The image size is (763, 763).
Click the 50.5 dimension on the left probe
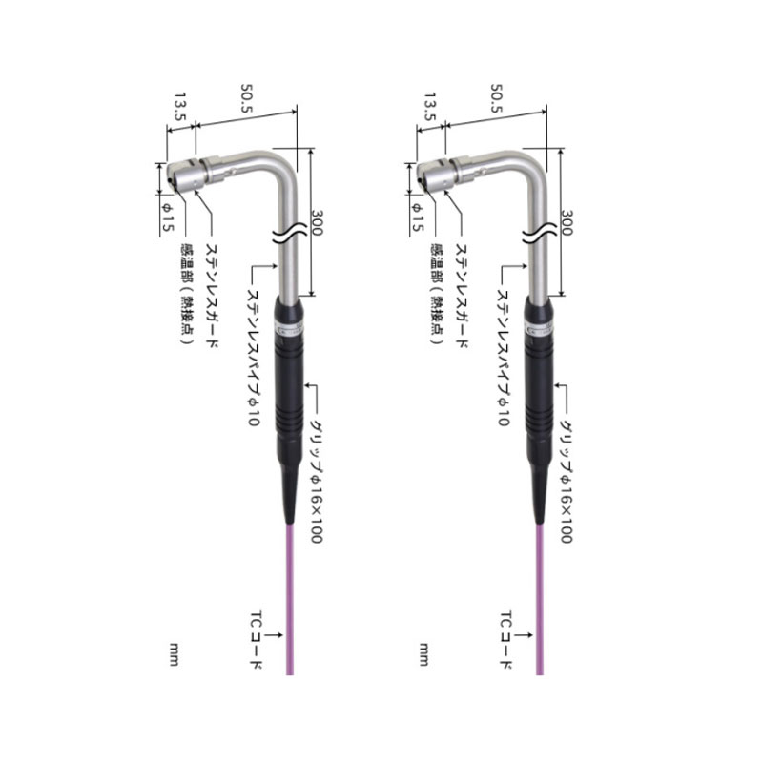pos(247,98)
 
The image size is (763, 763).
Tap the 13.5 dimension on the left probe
pos(181,107)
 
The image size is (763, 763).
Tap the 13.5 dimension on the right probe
pos(431,107)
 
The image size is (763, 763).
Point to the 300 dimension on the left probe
pos(318,223)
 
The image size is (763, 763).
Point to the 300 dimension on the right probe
pos(567,223)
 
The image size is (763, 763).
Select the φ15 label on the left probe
pos(168,217)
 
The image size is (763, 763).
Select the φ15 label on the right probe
pos(418,217)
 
